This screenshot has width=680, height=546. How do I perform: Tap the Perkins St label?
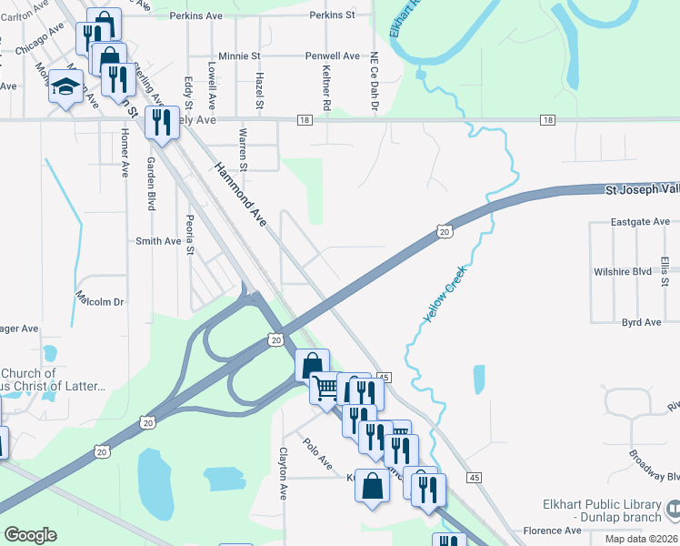point(332,15)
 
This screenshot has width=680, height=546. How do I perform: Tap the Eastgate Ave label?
point(640,221)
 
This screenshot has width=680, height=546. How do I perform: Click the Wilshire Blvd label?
point(623,271)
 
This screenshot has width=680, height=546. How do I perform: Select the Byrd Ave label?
point(641,322)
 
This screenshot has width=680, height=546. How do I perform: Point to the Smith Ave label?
point(158,241)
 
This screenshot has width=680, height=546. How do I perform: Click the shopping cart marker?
point(325,389)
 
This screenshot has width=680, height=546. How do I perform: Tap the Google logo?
point(30,535)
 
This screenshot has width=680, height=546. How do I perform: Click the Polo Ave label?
point(317,455)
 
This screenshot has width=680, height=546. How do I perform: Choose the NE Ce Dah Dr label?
point(373,82)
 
